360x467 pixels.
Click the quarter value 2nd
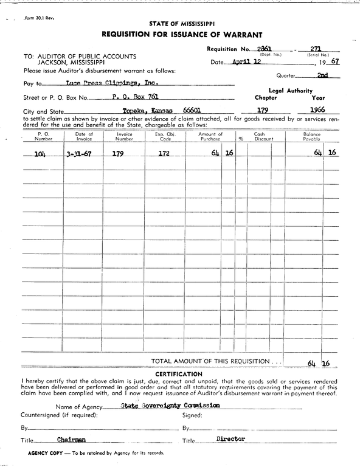322,76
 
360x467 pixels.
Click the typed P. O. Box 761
136,97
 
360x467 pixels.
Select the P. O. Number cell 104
40,154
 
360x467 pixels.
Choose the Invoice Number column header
125,136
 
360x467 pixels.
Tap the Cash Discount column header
259,136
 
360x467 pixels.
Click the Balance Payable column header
311,136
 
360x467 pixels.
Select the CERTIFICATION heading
179,373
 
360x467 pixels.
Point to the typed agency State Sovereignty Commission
170,405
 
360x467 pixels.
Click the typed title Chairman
72,439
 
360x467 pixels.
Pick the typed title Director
230,438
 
